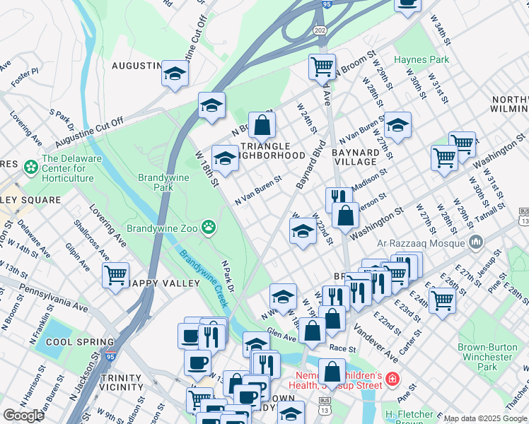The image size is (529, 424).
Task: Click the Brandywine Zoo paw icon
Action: click(x=209, y=228)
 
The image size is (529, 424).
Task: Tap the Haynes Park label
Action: click(x=422, y=59)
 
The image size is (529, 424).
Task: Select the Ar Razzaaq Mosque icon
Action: click(x=475, y=243)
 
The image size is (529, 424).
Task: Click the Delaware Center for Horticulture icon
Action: click(x=31, y=168)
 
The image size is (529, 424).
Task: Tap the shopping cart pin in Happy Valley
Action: click(x=115, y=274)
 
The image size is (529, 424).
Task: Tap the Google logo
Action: click(x=23, y=415)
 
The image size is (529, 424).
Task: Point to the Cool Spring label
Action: click(x=70, y=342)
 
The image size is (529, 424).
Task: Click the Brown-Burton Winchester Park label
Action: click(x=487, y=357)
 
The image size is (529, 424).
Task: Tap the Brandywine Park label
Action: click(x=163, y=183)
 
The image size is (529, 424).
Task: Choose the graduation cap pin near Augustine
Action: click(x=174, y=73)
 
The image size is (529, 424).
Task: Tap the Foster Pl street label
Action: click(x=25, y=72)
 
